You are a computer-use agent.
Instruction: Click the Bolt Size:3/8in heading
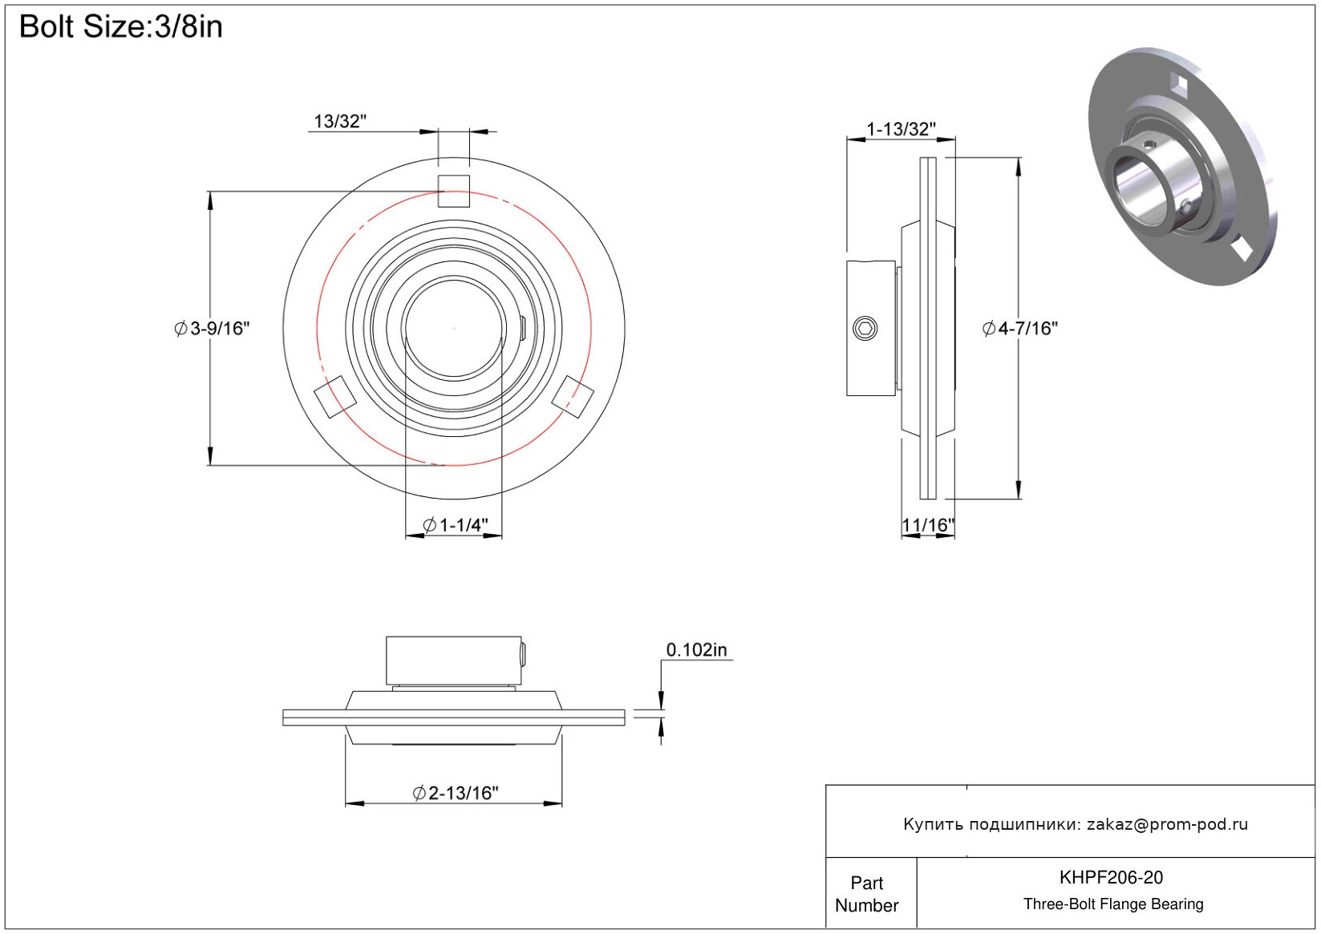tap(121, 26)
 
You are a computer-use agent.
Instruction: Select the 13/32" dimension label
tap(340, 121)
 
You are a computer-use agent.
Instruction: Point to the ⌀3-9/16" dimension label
tap(213, 328)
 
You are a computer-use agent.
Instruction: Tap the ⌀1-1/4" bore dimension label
tap(456, 524)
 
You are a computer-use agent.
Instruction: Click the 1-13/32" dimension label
tap(901, 128)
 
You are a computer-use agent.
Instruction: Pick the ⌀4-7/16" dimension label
tap(1019, 328)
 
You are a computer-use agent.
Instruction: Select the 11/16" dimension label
tap(928, 524)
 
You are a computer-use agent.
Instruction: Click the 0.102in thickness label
tap(696, 649)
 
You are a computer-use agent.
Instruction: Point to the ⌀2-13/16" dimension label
tap(456, 792)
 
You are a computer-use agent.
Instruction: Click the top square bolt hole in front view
tap(453, 191)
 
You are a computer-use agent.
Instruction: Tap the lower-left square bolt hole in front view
tap(335, 397)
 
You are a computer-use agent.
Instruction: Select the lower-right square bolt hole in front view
tap(573, 397)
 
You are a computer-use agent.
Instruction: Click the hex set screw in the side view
tap(865, 328)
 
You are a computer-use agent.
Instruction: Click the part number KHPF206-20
tap(1111, 877)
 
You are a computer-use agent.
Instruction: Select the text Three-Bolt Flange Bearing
tap(1113, 904)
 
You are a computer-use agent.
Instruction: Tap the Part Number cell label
tap(866, 894)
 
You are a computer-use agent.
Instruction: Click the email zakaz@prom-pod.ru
tap(1167, 823)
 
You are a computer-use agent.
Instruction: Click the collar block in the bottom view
tap(453, 661)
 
